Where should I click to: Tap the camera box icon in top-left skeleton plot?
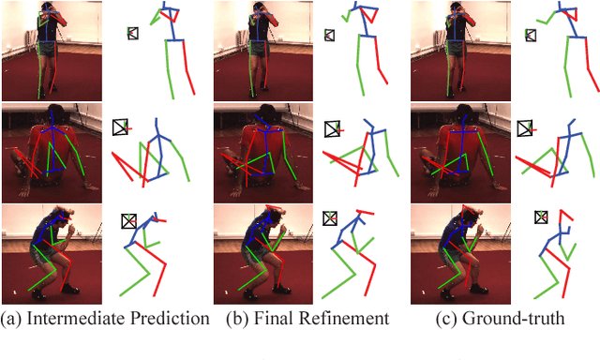[133, 33]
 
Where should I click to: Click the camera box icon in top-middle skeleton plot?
[329, 36]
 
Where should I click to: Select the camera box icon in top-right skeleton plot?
[531, 36]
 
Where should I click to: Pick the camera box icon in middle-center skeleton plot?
[332, 129]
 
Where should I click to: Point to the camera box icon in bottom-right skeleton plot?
[541, 217]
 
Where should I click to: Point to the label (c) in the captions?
[446, 319]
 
